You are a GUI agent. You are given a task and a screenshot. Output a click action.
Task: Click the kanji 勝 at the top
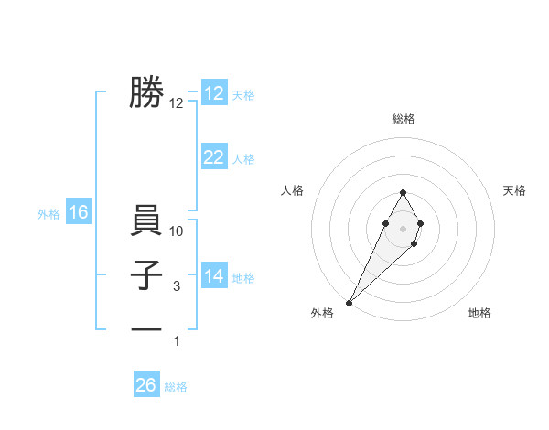[146, 93]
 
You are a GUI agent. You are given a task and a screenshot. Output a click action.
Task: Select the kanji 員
[146, 222]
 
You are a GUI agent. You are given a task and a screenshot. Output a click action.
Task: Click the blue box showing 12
[214, 93]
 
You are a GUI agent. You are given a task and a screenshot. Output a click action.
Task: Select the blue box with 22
[214, 157]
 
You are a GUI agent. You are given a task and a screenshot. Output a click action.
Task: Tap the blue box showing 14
[214, 276]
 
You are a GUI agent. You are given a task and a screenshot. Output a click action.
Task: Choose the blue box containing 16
[79, 213]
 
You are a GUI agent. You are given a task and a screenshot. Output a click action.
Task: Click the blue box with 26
[146, 385]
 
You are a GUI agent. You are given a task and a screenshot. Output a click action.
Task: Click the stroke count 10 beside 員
[178, 232]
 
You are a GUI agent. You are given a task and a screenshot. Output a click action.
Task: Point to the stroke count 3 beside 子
[177, 287]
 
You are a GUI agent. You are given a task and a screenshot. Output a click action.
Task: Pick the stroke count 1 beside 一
[177, 342]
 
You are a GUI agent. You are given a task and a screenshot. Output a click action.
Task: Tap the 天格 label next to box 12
[243, 95]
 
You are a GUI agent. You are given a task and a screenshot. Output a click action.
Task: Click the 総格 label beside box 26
[176, 387]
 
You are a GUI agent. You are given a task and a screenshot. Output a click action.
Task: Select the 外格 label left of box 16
[48, 214]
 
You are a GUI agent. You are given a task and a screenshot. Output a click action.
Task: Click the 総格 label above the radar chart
[403, 119]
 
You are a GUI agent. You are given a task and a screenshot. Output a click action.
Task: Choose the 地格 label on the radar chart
[479, 314]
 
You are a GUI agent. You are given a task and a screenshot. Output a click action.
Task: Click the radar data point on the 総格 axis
[403, 192]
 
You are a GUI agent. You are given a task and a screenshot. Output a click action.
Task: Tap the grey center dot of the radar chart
[403, 227]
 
